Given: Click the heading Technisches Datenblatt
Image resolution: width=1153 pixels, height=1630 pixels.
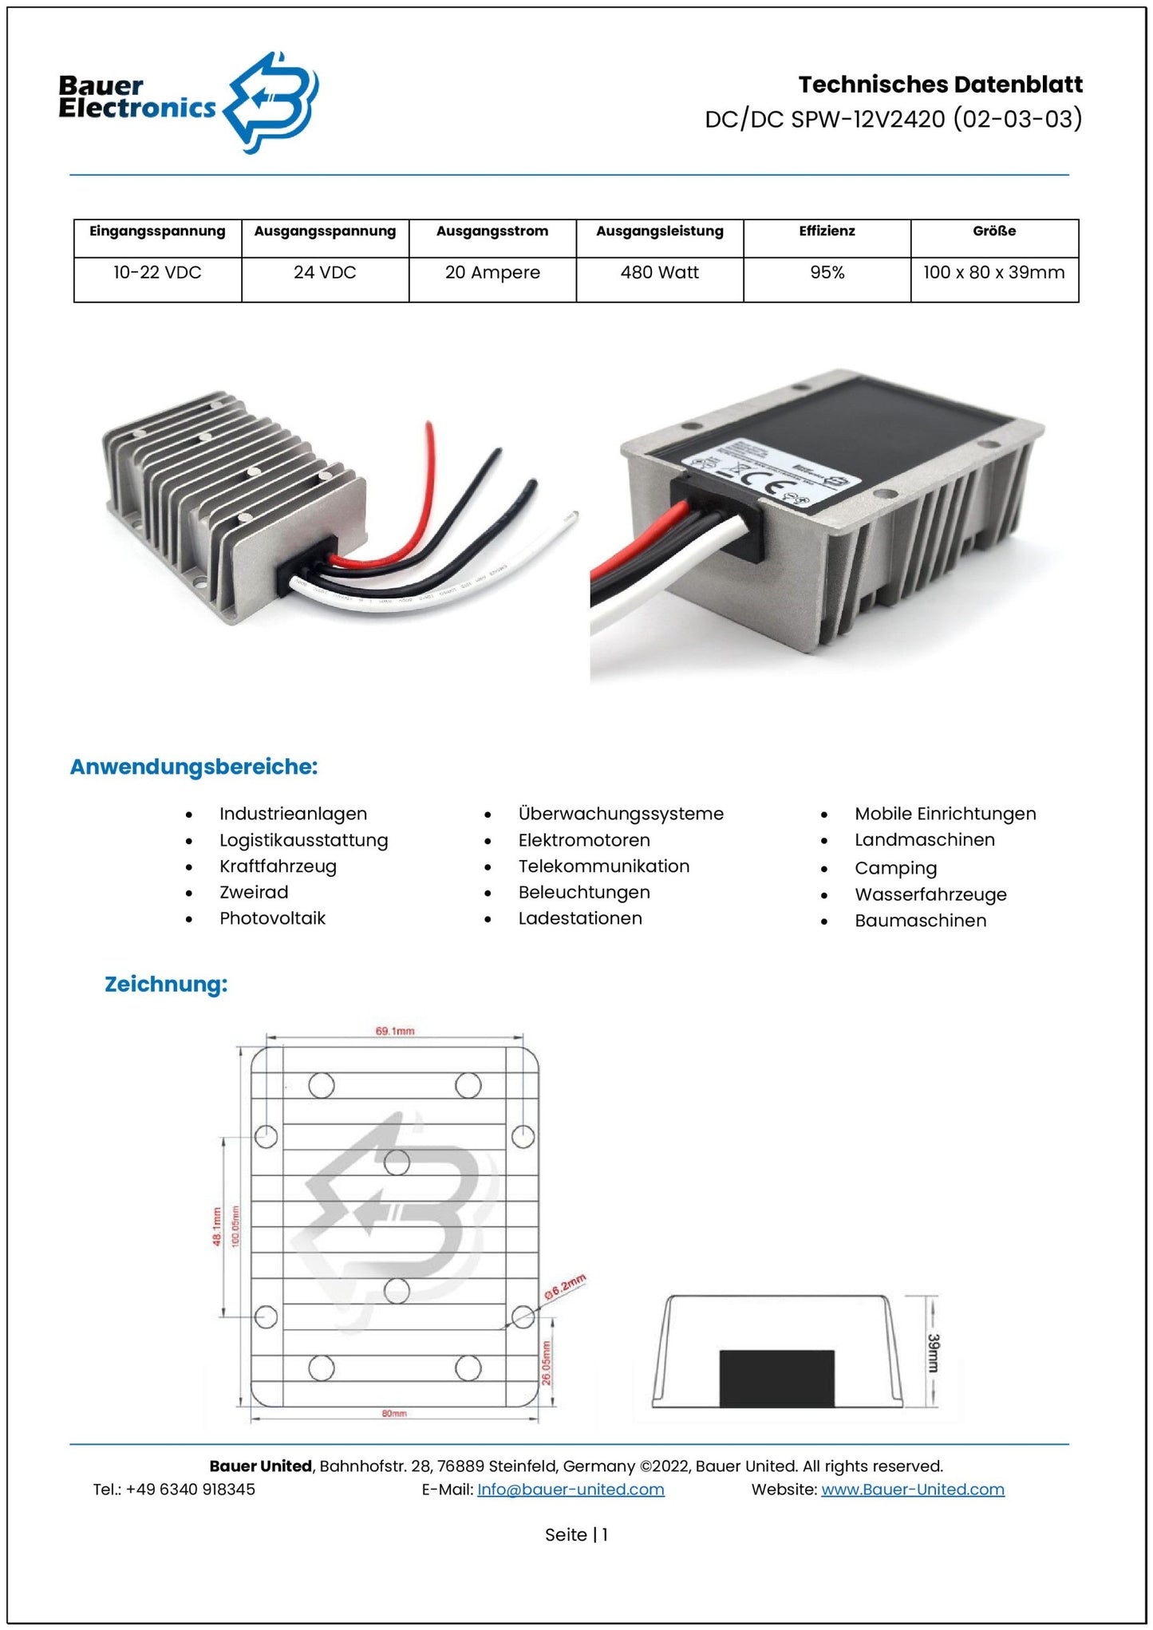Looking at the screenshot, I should tap(940, 85).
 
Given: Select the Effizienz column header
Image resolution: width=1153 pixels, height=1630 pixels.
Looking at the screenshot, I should tap(827, 231).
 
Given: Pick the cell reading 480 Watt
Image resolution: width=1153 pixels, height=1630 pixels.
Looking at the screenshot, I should tap(659, 273).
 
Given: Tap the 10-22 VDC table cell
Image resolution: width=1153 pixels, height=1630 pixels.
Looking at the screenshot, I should tap(157, 273).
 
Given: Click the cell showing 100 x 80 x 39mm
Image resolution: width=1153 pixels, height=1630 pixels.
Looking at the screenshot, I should tap(993, 273).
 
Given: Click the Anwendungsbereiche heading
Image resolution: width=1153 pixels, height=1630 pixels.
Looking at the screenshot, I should tap(194, 767).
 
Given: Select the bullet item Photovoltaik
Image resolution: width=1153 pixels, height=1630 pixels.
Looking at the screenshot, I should tap(272, 918).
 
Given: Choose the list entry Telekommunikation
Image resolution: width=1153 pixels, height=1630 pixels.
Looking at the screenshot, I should tap(603, 866).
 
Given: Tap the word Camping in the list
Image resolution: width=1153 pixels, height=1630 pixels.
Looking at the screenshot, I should tap(895, 868).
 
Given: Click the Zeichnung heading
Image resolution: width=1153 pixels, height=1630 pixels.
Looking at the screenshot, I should tap(166, 984).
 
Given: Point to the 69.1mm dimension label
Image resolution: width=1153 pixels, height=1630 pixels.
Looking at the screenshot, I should tap(395, 1031).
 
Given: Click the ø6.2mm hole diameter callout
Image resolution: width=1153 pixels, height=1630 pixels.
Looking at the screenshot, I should tap(565, 1287).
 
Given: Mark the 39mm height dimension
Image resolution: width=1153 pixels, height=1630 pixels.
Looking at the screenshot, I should tap(933, 1353).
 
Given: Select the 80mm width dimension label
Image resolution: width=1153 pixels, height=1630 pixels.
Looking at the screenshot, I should tap(394, 1413).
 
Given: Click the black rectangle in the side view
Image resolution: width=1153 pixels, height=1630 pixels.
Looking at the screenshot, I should tap(776, 1378).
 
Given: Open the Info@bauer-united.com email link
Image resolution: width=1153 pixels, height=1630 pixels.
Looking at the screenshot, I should tap(571, 1490).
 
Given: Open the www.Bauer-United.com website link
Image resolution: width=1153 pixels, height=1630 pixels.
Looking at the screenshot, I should tap(912, 1490).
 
